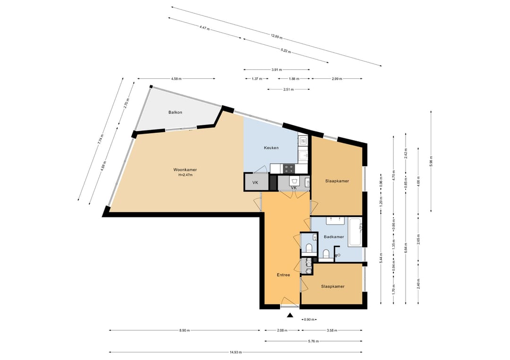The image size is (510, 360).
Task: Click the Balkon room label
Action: [x=175, y=112]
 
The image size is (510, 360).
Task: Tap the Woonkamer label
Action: [x=185, y=169]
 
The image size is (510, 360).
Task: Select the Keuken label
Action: [x=271, y=148]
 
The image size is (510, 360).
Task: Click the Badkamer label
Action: [x=334, y=237]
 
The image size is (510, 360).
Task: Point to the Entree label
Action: [x=283, y=275]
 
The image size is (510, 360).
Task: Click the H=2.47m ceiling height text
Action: [x=186, y=175]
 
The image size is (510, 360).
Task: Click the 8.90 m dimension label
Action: [x=185, y=330]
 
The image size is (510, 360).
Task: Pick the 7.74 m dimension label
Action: [x=101, y=139]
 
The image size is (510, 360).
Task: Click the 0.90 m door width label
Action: [x=309, y=319]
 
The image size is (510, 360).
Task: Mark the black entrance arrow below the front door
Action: [x=290, y=315]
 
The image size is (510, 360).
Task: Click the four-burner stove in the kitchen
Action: [x=289, y=168]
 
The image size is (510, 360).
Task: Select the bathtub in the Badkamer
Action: [x=355, y=232]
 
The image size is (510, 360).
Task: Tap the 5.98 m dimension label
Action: [x=431, y=161]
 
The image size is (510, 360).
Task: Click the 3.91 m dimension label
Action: [x=276, y=69]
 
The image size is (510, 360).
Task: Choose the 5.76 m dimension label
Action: [x=313, y=341]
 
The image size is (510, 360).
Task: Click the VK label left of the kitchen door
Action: [x=255, y=183]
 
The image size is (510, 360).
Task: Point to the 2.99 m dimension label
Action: [x=337, y=79]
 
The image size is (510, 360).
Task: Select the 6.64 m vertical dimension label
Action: [x=406, y=248]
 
